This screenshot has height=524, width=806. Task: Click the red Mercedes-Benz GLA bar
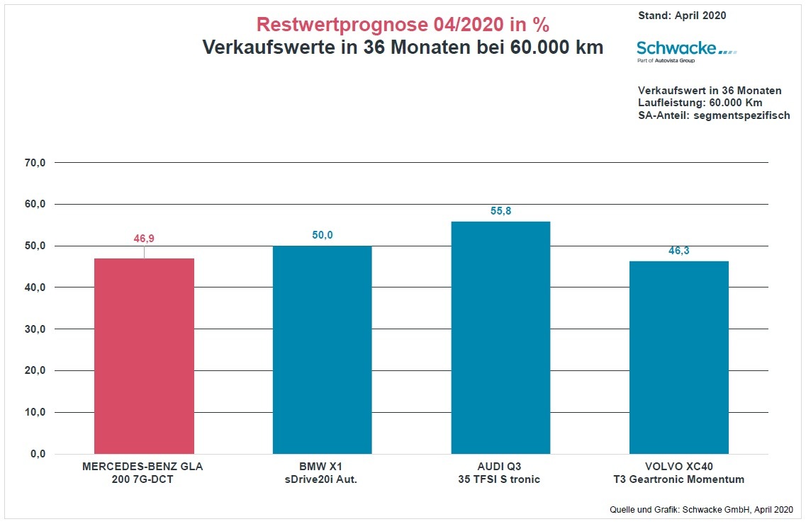[144, 355]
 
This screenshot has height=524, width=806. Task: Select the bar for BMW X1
[322, 350]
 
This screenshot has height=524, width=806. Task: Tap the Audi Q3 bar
[500, 337]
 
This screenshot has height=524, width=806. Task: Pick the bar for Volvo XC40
[678, 357]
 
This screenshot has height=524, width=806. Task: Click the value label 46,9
[144, 239]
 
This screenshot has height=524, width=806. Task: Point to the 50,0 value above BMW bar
[322, 235]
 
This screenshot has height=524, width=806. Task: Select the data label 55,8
[500, 211]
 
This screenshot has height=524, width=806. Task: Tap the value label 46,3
[678, 251]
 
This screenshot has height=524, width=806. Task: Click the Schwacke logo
[686, 50]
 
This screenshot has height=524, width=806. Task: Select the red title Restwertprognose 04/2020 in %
[403, 25]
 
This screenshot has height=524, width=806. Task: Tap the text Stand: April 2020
[682, 16]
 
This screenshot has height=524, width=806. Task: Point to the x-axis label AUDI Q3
[499, 467]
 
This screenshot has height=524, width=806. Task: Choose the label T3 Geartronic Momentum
[678, 479]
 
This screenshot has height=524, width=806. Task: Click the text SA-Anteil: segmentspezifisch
[714, 115]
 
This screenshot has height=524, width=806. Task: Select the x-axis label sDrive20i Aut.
[321, 479]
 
